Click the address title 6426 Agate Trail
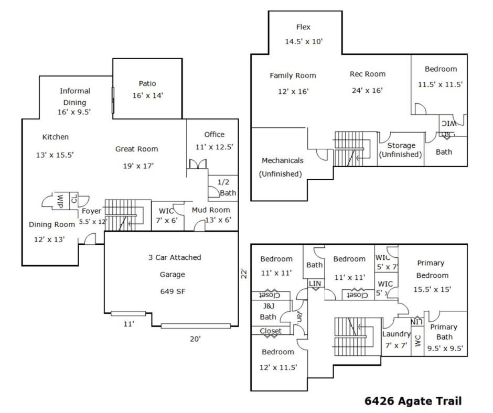[413, 401]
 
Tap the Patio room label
[147, 83]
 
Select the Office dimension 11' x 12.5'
[214, 147]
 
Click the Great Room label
[136, 149]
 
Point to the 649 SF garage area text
[173, 291]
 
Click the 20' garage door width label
[195, 339]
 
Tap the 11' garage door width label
[129, 324]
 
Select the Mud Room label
[211, 210]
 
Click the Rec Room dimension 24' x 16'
[367, 90]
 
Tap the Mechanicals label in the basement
[282, 160]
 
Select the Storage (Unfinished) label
[401, 150]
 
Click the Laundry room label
[396, 334]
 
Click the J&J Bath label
[268, 311]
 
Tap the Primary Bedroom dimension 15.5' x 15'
[432, 289]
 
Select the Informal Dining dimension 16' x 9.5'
[75, 112]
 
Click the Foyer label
[91, 211]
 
